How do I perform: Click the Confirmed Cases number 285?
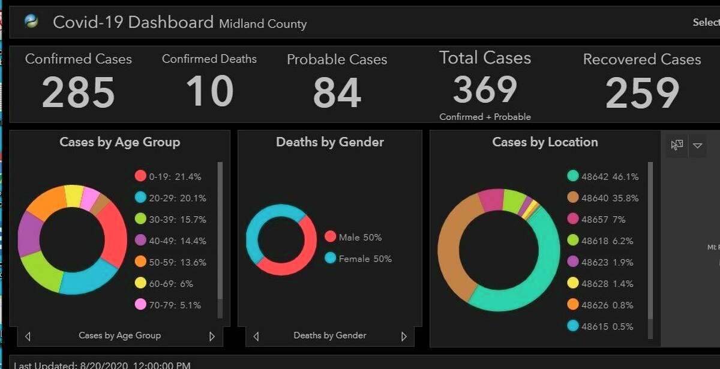[79, 93]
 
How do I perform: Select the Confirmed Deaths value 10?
[209, 92]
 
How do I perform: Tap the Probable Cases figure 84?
[337, 93]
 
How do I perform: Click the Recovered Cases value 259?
[642, 93]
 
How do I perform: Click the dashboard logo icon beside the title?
[31, 22]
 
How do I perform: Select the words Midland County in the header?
[263, 24]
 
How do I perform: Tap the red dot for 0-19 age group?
[140, 176]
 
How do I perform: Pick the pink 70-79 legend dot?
[140, 305]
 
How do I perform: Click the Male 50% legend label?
[360, 237]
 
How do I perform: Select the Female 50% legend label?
[365, 259]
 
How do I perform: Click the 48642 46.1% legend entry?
[602, 176]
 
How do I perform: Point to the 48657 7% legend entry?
[596, 220]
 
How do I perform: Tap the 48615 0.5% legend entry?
[600, 326]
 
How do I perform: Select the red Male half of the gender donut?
[303, 252]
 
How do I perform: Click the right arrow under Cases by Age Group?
[212, 337]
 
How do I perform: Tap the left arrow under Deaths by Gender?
[256, 337]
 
